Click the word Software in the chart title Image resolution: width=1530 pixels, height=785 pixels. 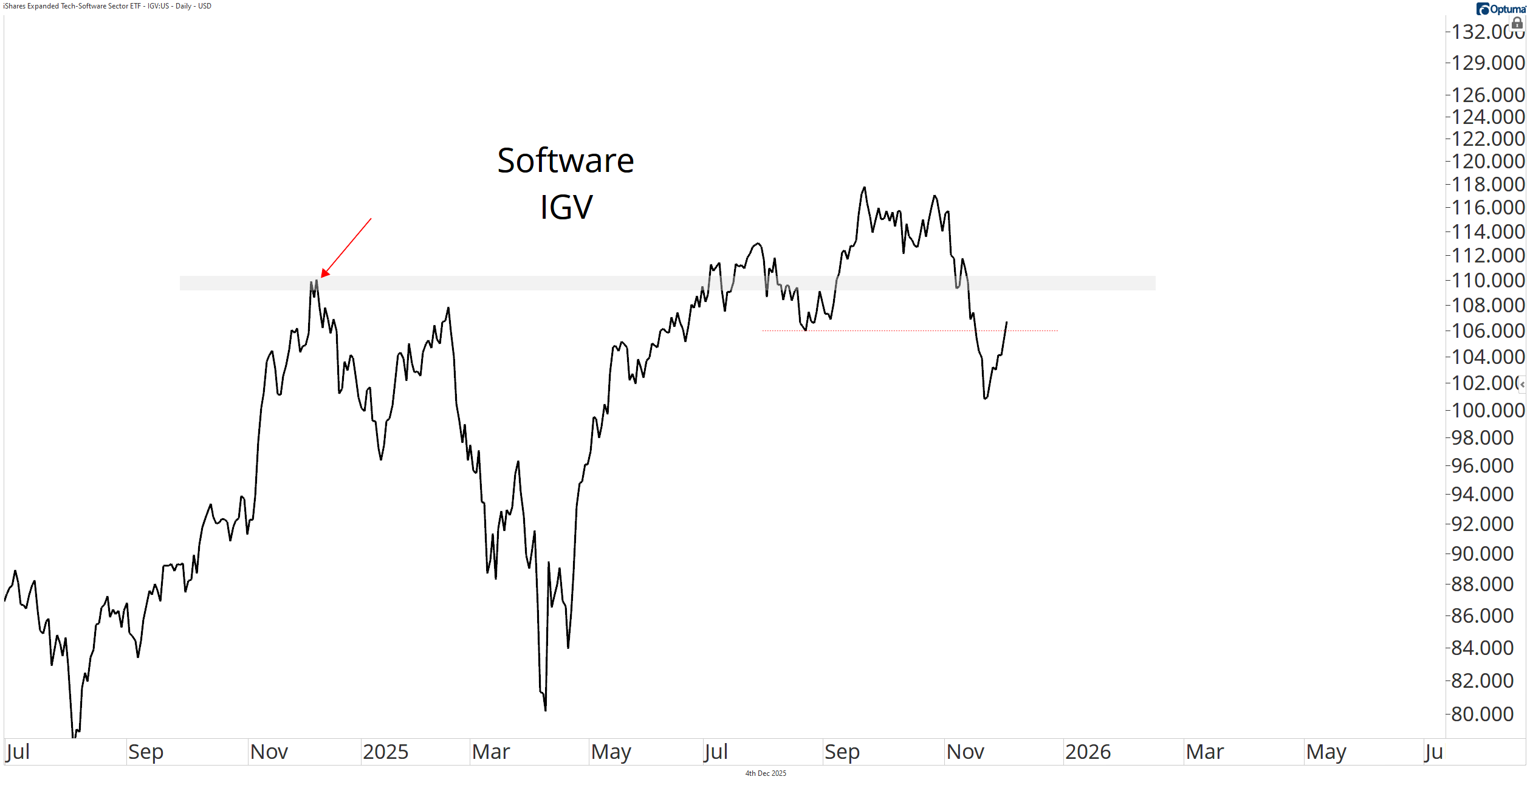(x=565, y=161)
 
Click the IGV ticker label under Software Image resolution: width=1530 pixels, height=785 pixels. (x=566, y=207)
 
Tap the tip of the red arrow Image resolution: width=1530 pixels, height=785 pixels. (x=322, y=276)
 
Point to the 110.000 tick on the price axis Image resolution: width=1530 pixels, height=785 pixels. (x=1487, y=281)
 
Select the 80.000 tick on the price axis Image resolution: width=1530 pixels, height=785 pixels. (x=1482, y=715)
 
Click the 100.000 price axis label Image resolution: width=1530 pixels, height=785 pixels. (x=1487, y=411)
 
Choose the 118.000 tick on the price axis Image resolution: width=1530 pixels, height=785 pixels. (x=1487, y=185)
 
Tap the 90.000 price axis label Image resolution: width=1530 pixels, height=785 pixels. (x=1482, y=554)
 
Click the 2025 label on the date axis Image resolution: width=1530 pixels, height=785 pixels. (x=385, y=752)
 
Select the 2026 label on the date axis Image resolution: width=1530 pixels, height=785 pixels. (x=1088, y=752)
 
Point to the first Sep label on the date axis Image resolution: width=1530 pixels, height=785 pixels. (x=146, y=752)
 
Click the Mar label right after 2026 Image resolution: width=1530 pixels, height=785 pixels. (x=1204, y=752)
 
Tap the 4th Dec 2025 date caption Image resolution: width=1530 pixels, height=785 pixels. (x=766, y=773)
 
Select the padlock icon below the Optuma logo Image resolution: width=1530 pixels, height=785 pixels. (x=1517, y=23)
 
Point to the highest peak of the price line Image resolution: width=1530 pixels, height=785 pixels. (x=864, y=188)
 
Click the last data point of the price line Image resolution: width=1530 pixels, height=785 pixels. (x=1006, y=323)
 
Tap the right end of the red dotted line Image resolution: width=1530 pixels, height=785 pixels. (x=1057, y=331)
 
